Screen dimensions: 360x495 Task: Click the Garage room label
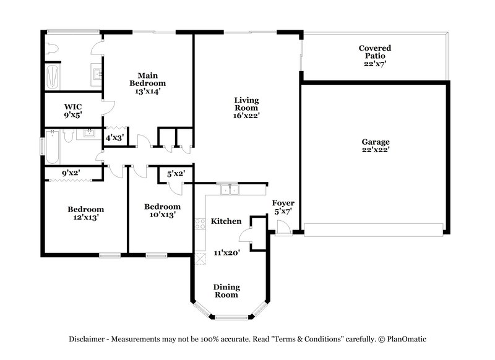(376, 145)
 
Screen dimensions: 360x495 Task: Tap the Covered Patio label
(375, 56)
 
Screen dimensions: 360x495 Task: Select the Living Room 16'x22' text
(246, 107)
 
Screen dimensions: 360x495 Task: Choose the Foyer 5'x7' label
(283, 207)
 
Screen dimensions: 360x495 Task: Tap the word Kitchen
(226, 221)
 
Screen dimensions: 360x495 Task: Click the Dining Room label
(226, 291)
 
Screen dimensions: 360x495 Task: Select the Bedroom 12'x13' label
(85, 213)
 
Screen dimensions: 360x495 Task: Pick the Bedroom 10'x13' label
(162, 210)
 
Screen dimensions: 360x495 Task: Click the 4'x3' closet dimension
(114, 137)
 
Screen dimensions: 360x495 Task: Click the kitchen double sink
(230, 191)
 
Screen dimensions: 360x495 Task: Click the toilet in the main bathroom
(52, 48)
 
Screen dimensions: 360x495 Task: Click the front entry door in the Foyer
(282, 229)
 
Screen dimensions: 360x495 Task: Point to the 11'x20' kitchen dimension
(226, 252)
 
